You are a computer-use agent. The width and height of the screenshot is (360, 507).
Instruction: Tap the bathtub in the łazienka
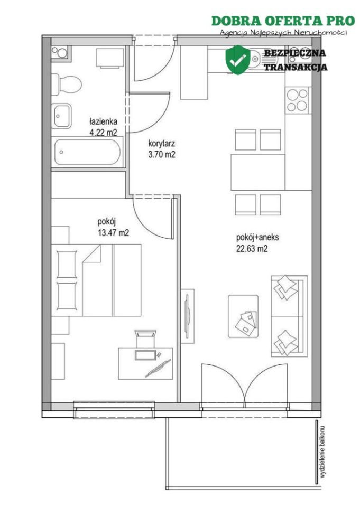(87, 152)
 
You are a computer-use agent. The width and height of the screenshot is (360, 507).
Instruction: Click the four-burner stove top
(297, 100)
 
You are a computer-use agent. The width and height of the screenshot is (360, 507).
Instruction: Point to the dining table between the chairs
(257, 172)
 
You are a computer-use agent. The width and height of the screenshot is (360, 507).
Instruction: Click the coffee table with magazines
(243, 316)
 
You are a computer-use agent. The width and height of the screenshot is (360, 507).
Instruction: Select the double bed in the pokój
(96, 280)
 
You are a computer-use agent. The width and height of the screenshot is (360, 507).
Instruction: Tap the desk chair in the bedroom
(146, 338)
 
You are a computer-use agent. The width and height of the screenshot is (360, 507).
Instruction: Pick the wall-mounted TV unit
(188, 316)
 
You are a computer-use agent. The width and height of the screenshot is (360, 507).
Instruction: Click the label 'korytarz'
(162, 143)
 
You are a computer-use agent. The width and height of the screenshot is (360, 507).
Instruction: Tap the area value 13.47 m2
(113, 232)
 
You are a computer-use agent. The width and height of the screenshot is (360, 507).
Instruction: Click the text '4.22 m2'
(103, 132)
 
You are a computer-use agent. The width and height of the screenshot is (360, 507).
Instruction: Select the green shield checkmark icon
(238, 60)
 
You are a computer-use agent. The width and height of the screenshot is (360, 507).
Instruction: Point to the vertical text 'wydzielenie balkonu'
(322, 452)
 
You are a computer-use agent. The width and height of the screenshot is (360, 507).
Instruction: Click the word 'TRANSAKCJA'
(296, 67)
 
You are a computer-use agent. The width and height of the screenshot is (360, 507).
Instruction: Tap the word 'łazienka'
(103, 122)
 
